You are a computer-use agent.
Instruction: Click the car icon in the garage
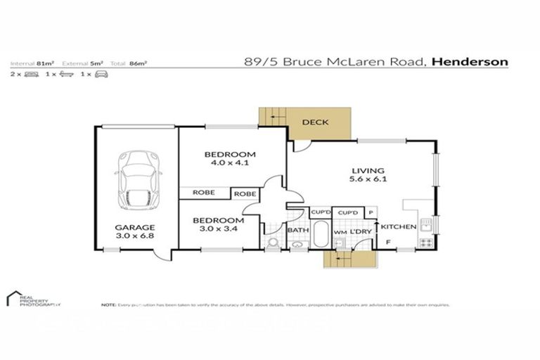pyautogui.click(x=138, y=180)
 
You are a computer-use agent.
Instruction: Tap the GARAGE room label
pyautogui.click(x=136, y=227)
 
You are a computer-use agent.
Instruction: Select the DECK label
pyautogui.click(x=315, y=122)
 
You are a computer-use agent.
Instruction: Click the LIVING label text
pyautogui.click(x=368, y=170)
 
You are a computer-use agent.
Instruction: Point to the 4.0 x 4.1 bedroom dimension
pyautogui.click(x=231, y=162)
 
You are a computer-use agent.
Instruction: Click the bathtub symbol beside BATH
pyautogui.click(x=320, y=235)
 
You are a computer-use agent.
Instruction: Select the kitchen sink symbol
pyautogui.click(x=425, y=225)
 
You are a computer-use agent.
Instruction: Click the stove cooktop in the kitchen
pyautogui.click(x=425, y=243)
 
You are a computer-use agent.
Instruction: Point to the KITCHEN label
pyautogui.click(x=398, y=227)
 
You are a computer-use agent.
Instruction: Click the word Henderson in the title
pyautogui.click(x=470, y=61)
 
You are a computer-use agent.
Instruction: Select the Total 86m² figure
pyautogui.click(x=136, y=63)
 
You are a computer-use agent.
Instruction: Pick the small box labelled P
pyautogui.click(x=370, y=212)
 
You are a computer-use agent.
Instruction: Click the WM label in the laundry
pyautogui.click(x=340, y=231)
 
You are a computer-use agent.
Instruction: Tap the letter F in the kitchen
pyautogui.click(x=387, y=243)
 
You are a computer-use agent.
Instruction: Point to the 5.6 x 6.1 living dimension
pyautogui.click(x=368, y=179)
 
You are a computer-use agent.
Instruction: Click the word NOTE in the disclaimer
pyautogui.click(x=108, y=305)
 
